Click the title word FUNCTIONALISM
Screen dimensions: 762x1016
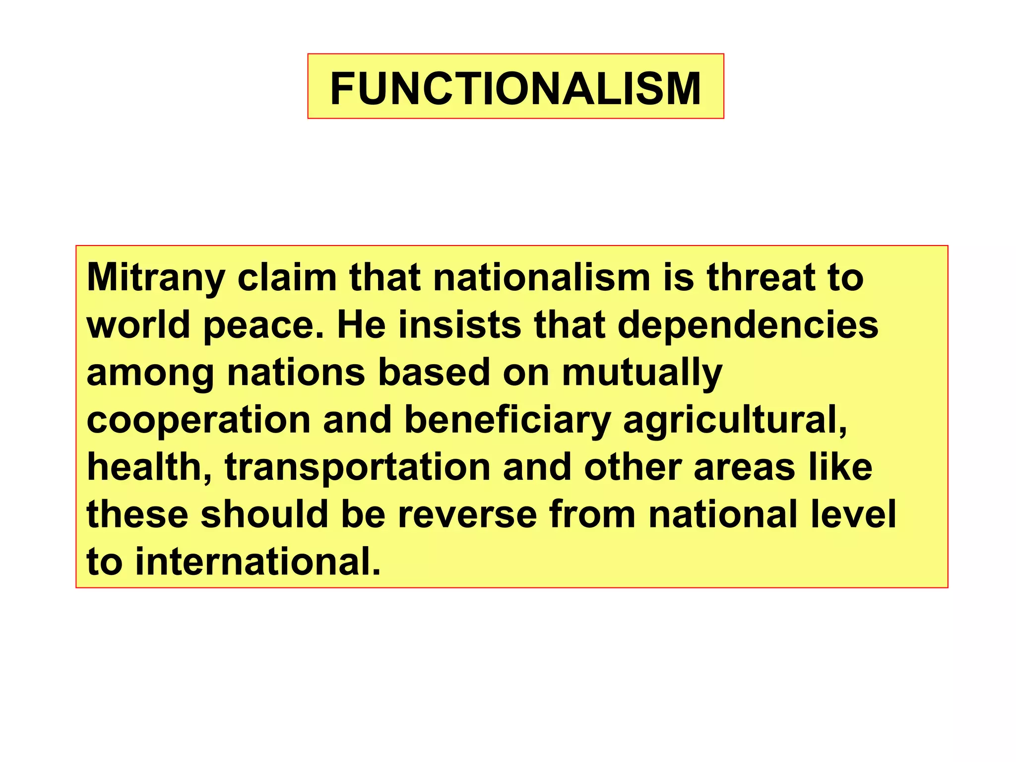[x=515, y=88]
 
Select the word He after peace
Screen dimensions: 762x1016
[x=362, y=325]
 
